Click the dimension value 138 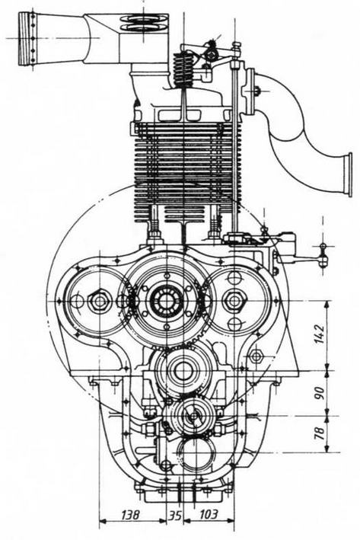(x=130, y=515)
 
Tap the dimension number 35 (x=175, y=516)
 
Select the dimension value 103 (x=209, y=515)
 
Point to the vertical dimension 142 (x=319, y=334)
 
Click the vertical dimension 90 (x=319, y=392)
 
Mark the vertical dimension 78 (x=319, y=433)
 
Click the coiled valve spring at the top (x=183, y=70)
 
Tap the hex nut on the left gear (x=99, y=302)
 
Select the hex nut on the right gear (x=234, y=301)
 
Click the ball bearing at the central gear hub (x=167, y=301)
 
